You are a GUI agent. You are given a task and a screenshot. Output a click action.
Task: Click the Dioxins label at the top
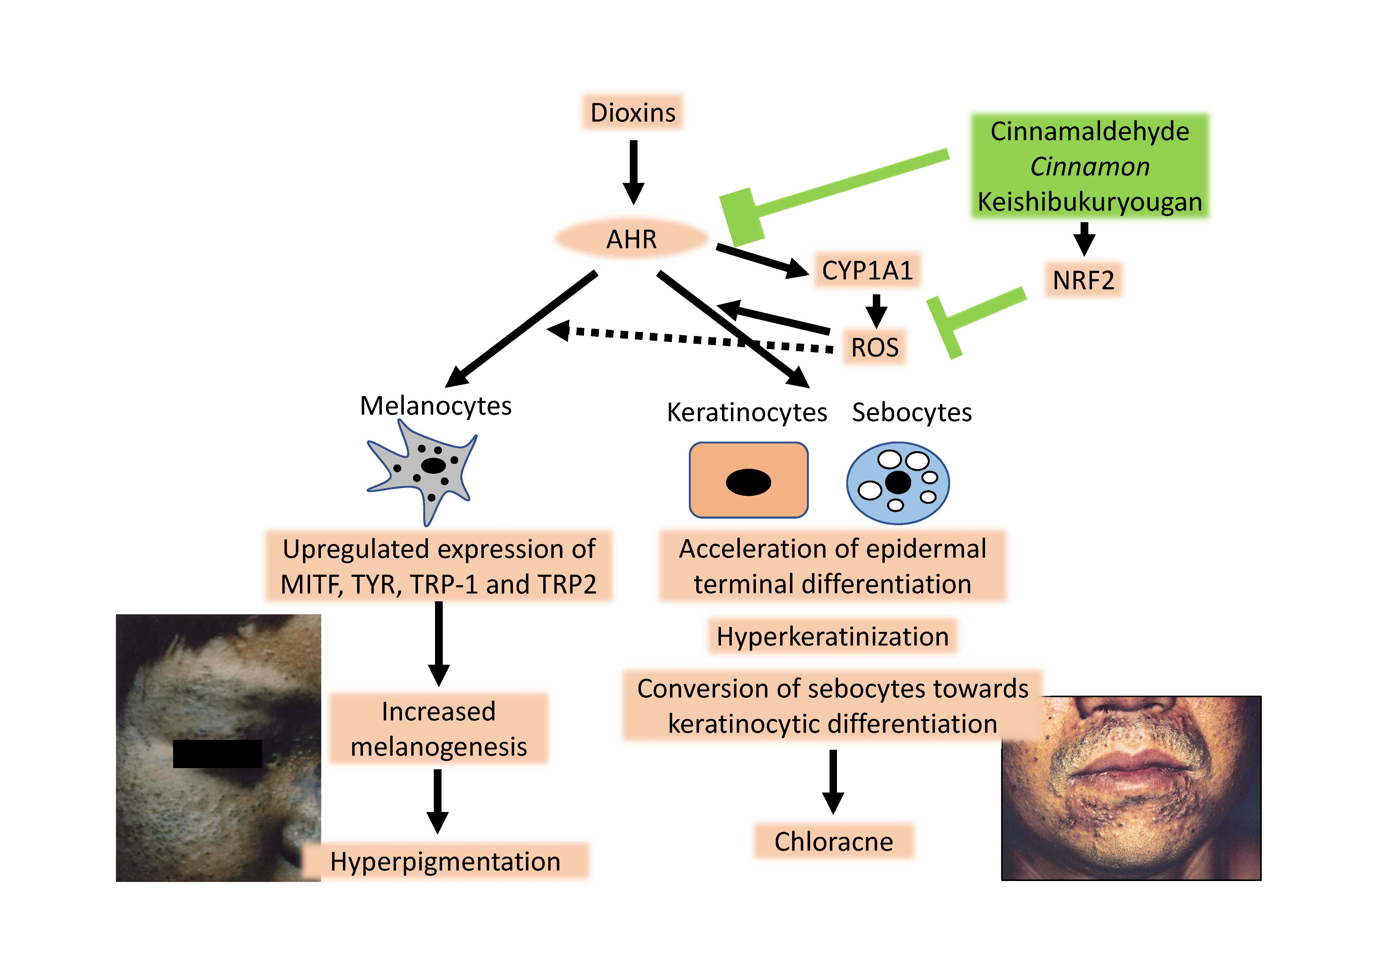[x=633, y=113]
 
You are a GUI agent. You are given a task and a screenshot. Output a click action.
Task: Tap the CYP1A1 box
[x=867, y=270]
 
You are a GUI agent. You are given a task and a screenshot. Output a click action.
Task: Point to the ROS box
[x=874, y=347]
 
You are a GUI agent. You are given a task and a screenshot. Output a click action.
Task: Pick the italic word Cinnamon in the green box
[x=1089, y=166]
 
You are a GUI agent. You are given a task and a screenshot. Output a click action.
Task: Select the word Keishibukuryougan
[x=1089, y=202]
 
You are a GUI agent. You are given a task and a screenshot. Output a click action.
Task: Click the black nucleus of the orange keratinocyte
[x=748, y=482]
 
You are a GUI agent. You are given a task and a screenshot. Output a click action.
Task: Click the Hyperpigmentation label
[x=445, y=861]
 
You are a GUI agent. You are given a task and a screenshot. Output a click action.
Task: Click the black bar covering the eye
[x=217, y=754]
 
